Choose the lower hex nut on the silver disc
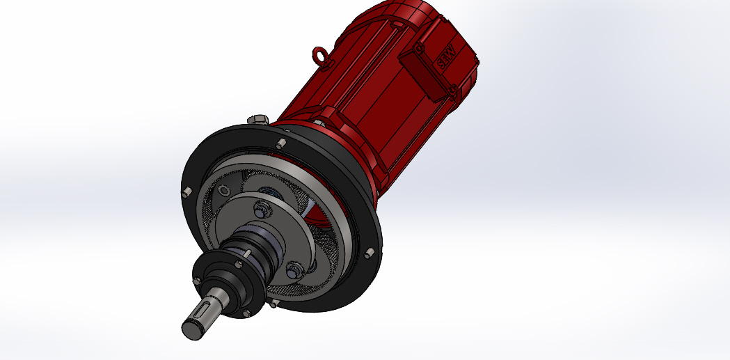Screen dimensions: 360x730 click(x=293, y=268)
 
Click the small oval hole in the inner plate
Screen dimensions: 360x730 click(x=223, y=191)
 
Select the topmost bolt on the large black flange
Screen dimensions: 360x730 click(x=279, y=144)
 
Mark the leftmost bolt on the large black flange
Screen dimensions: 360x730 click(x=187, y=193)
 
